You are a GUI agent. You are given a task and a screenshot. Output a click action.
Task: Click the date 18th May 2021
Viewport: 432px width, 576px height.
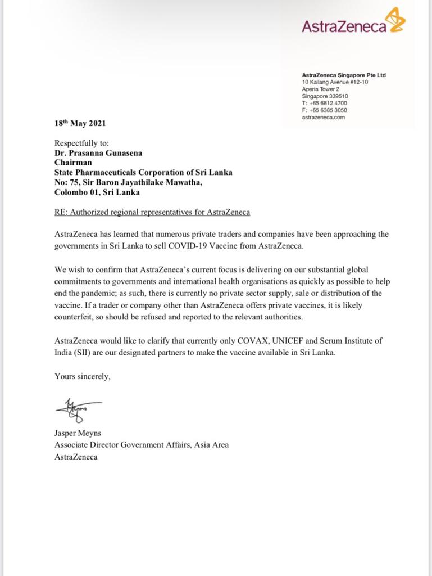80,124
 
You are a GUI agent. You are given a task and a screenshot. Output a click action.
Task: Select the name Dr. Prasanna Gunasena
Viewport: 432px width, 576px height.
99,152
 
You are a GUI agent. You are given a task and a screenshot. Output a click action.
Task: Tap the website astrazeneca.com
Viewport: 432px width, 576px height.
324,117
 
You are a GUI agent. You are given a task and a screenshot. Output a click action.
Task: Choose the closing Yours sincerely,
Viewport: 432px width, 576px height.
83,376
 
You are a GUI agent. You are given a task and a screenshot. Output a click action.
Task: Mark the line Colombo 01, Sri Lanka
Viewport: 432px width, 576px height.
97,192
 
